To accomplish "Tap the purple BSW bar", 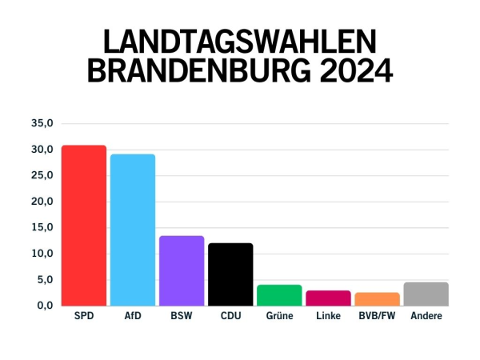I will [x=182, y=271].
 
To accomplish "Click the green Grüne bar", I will [x=279, y=295].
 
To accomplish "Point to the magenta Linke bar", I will [x=328, y=298].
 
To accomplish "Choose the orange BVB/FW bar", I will [x=377, y=299].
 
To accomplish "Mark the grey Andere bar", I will [x=426, y=294].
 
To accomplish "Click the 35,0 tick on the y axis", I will [x=42, y=123].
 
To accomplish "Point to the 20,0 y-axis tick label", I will [x=42, y=202].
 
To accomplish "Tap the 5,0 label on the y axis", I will [x=44, y=279].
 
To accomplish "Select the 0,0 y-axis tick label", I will [x=44, y=306].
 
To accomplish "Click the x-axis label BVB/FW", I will [x=377, y=317].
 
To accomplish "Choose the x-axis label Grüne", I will [x=279, y=317].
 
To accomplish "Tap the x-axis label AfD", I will [x=133, y=317].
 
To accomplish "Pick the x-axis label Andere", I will [x=426, y=317].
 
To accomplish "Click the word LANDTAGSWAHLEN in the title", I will [x=240, y=42].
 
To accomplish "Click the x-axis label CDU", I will [x=230, y=317].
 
